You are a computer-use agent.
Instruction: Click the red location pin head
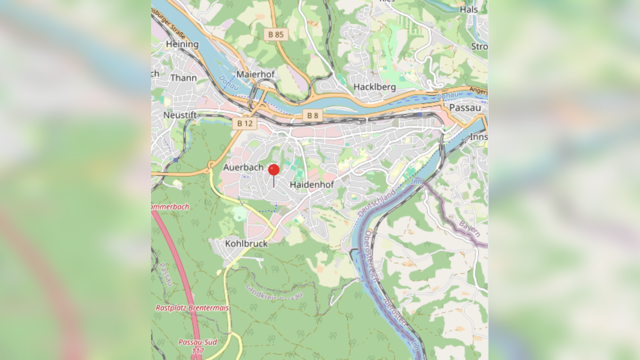(274, 170)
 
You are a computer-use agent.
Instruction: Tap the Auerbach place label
(243, 167)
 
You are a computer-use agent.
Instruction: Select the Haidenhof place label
(312, 184)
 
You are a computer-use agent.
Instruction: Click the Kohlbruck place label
(246, 244)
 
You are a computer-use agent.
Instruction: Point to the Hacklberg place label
(374, 87)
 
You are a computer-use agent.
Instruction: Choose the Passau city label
(465, 108)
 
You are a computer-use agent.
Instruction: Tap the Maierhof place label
(255, 74)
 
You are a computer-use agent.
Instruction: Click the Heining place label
(182, 44)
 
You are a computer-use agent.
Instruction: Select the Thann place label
(183, 78)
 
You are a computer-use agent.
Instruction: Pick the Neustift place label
(180, 115)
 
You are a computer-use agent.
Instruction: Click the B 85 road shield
(276, 34)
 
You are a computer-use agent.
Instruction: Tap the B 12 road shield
(245, 123)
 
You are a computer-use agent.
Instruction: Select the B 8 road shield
(312, 116)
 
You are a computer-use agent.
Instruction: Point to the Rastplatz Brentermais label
(192, 308)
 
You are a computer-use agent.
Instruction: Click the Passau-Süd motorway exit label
(197, 342)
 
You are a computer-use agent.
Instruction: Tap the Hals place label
(469, 10)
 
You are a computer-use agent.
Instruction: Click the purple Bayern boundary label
(469, 228)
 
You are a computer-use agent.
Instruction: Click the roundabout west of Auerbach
(212, 165)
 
